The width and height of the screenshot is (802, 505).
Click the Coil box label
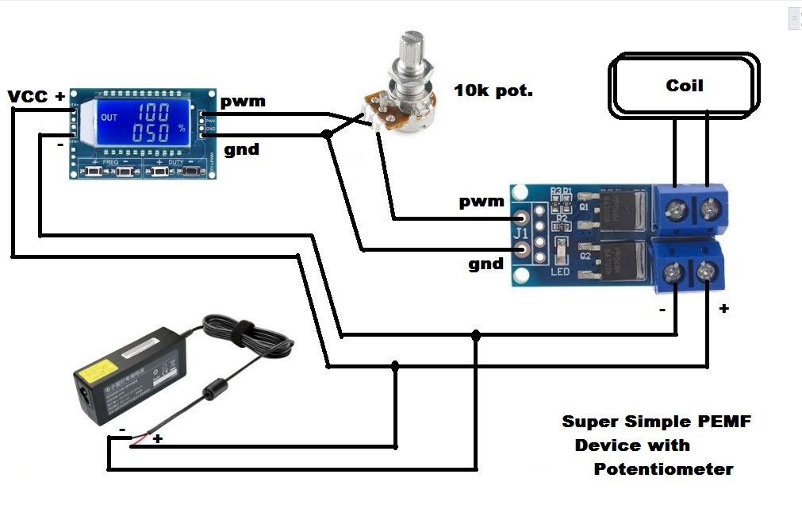(x=684, y=85)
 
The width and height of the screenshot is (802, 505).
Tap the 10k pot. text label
(x=493, y=91)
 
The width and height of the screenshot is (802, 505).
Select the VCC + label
(x=36, y=97)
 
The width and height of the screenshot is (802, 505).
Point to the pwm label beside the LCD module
(x=243, y=102)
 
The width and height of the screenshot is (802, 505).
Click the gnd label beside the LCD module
(x=241, y=149)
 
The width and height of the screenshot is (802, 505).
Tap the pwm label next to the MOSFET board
(x=482, y=202)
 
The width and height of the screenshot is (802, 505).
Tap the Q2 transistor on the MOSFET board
(x=615, y=262)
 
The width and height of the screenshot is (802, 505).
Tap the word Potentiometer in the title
(x=663, y=469)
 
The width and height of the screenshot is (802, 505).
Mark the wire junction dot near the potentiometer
(x=326, y=135)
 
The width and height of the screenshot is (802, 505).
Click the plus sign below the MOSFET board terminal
(x=723, y=309)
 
